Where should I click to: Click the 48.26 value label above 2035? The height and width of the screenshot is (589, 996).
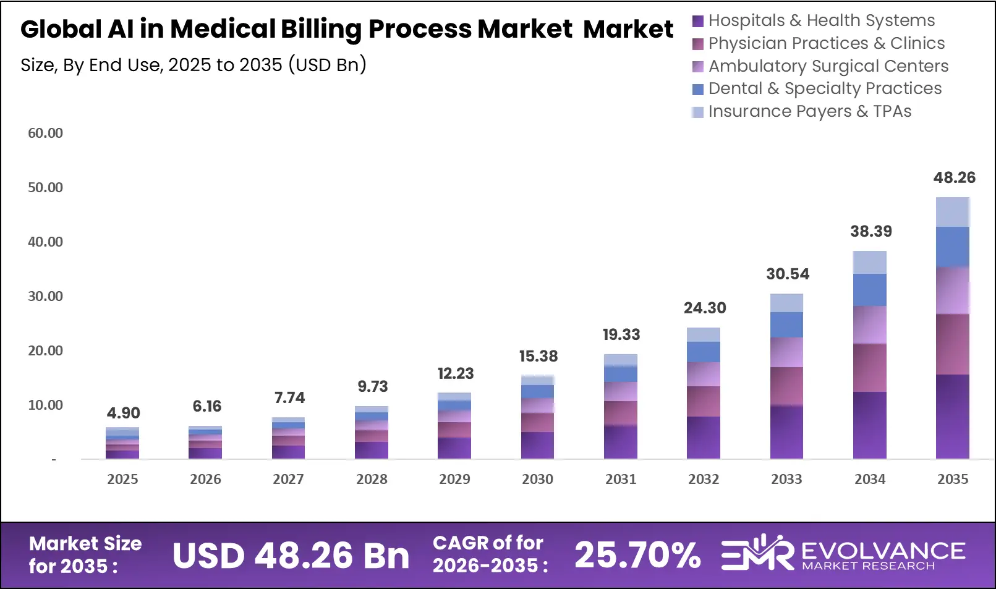[x=954, y=178]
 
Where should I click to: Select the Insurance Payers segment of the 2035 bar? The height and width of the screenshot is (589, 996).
[x=952, y=212]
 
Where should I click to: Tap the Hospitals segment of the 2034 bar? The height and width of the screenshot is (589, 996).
[x=869, y=425]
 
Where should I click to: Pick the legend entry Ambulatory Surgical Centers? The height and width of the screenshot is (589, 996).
[x=828, y=66]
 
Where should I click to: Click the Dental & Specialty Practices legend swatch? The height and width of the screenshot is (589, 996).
[x=698, y=90]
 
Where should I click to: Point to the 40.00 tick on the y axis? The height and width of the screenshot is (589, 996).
[x=45, y=242]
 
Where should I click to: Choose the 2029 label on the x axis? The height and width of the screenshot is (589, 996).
[x=454, y=479]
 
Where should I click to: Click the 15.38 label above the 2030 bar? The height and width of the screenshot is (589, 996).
[x=538, y=357]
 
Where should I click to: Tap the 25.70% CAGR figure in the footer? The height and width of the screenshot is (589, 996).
[x=637, y=555]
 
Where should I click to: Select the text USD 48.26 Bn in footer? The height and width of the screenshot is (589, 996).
[x=291, y=556]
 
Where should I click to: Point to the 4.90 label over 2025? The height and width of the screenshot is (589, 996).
[x=123, y=413]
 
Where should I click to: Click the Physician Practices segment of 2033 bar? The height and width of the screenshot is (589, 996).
[x=786, y=386]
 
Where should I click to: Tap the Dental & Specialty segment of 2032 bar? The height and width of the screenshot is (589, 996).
[x=703, y=352]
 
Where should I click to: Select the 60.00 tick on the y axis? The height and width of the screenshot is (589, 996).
[x=45, y=133]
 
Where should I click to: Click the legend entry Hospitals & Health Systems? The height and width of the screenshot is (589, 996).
[x=821, y=20]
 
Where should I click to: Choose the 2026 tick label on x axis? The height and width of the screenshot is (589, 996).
[x=205, y=479]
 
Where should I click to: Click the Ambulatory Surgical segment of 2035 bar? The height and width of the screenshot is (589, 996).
[x=952, y=290]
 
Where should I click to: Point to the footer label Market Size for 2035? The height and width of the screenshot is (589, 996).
[x=85, y=554]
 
